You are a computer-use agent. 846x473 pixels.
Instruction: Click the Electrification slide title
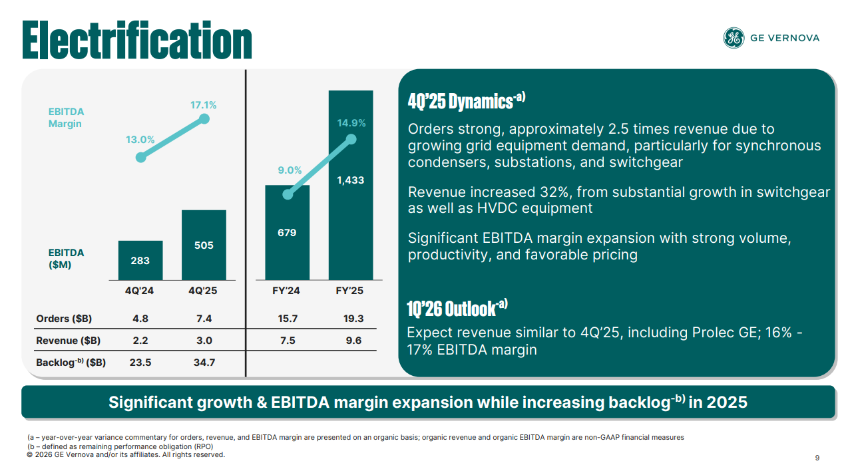pos(137,40)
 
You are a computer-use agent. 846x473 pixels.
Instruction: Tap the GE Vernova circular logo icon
pos(734,38)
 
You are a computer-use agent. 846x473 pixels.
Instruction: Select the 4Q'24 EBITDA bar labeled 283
pos(140,260)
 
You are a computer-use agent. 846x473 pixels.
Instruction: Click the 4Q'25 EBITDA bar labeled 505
pos(204,245)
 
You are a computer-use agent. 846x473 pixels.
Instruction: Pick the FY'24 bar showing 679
pos(287,232)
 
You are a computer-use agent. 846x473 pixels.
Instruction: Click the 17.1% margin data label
pos(204,105)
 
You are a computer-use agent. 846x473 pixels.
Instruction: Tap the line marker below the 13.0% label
pos(140,158)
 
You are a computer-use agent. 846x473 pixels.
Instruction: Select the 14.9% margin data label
pos(351,123)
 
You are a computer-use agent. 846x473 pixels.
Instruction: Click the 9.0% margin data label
pos(290,170)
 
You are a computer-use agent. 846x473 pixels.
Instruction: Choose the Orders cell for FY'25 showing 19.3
pos(353,319)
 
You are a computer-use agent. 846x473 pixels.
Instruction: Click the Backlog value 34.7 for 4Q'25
pos(204,363)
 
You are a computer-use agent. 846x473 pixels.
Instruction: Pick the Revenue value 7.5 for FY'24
pos(288,341)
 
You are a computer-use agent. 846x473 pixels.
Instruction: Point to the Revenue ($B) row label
pos(69,341)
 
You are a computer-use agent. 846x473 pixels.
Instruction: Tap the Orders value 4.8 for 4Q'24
pos(140,319)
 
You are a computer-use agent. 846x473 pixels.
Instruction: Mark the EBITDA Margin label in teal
pos(67,118)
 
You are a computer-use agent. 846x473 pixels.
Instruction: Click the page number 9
pos(817,458)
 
